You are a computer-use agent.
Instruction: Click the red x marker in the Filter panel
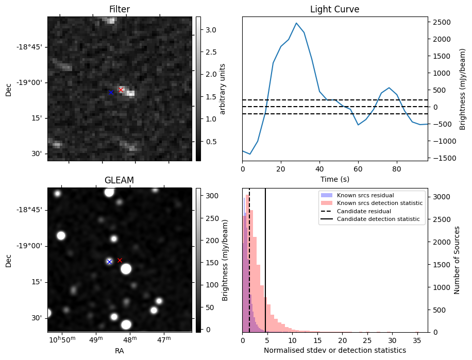[121, 90]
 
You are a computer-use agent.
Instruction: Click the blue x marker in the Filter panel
[111, 92]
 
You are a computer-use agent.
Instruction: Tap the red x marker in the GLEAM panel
[120, 260]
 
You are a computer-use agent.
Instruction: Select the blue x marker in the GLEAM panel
[109, 262]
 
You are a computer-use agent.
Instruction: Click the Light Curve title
[334, 9]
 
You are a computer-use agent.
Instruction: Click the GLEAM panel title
[119, 180]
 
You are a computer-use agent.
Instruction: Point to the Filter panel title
[119, 9]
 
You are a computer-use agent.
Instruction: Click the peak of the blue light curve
[296, 23]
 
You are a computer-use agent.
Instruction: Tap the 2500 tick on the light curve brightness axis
[442, 22]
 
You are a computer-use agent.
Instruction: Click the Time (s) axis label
[334, 178]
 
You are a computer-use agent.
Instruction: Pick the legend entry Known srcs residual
[365, 195]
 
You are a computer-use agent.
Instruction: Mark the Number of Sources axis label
[457, 260]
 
